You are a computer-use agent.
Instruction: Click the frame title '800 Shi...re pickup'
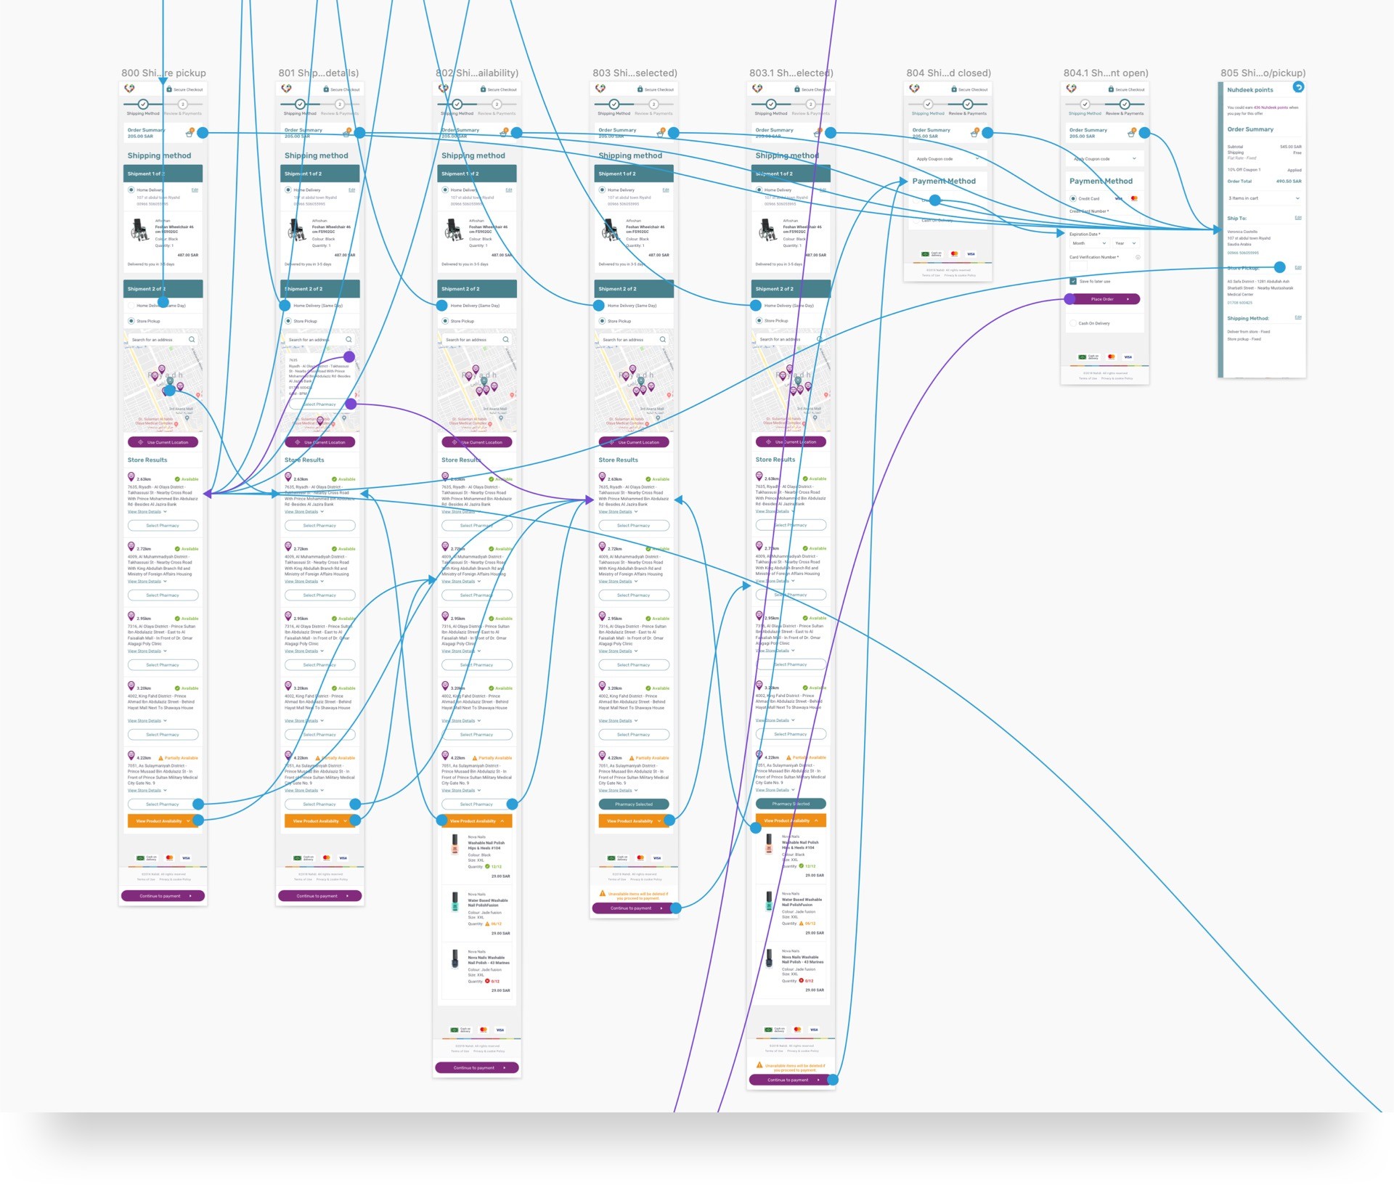(163, 73)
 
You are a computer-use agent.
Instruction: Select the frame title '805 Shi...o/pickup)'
(1263, 73)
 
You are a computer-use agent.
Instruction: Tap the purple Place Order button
(1102, 299)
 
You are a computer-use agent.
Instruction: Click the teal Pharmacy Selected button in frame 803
(634, 805)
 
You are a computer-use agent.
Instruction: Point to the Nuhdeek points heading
(1250, 90)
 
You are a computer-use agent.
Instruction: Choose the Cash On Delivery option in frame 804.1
(1093, 323)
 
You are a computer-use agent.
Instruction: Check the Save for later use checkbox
(1073, 281)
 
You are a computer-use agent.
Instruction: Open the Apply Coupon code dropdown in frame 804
(947, 158)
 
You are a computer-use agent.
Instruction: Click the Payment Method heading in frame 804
(944, 181)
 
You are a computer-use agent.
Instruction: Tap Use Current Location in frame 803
(634, 442)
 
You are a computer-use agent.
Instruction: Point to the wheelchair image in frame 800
(139, 230)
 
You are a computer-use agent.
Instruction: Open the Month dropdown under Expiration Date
(1088, 243)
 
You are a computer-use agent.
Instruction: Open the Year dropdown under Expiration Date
(1125, 243)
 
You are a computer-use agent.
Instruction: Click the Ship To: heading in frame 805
(1236, 218)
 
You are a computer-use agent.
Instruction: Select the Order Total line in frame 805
(1263, 181)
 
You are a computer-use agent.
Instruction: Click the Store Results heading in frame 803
(618, 460)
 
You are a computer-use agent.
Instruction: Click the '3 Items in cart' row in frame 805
(1263, 198)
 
